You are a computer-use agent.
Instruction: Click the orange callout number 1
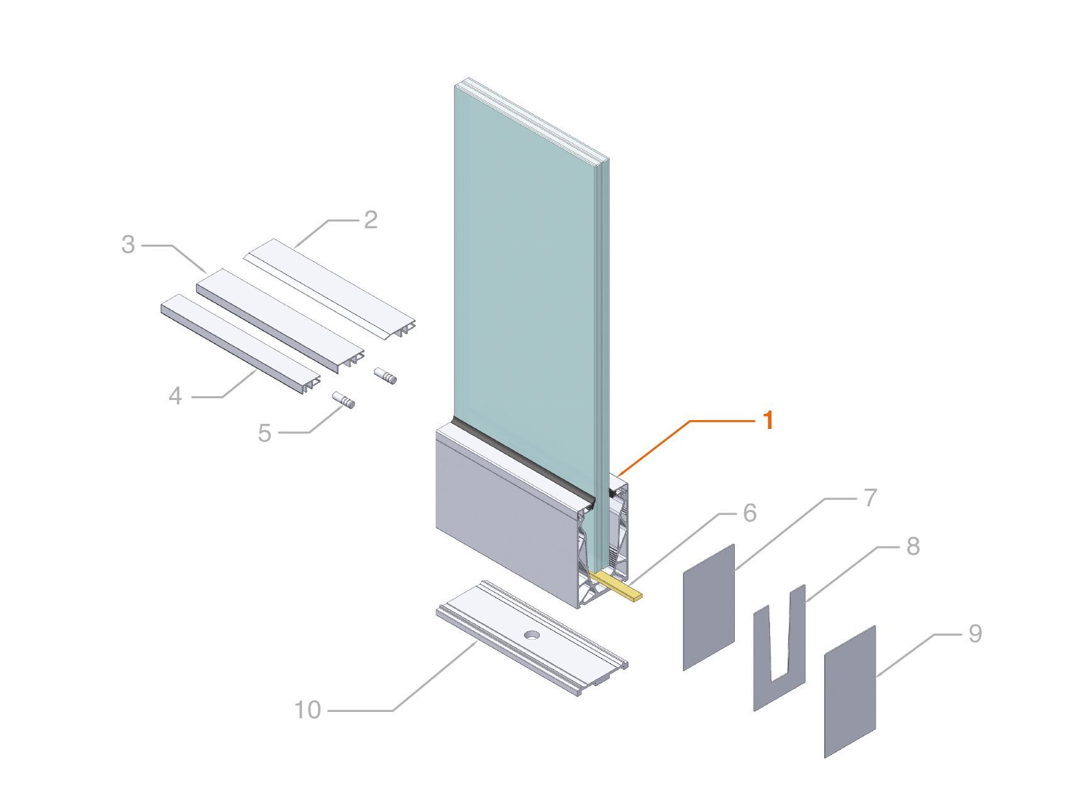[768, 420]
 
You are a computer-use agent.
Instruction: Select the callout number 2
[370, 220]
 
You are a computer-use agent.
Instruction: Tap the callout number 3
[128, 245]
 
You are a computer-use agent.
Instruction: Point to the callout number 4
[175, 396]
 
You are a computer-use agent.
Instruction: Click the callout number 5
[265, 433]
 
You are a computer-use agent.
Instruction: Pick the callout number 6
[749, 513]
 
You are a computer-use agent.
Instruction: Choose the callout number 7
[870, 498]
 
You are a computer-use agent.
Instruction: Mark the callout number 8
[913, 546]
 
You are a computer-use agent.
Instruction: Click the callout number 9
[974, 633]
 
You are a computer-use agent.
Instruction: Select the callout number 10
[307, 710]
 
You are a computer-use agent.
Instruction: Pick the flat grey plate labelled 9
[850, 692]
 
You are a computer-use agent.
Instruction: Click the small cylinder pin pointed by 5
[344, 400]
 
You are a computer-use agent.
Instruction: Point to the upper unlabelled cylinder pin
[387, 377]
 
